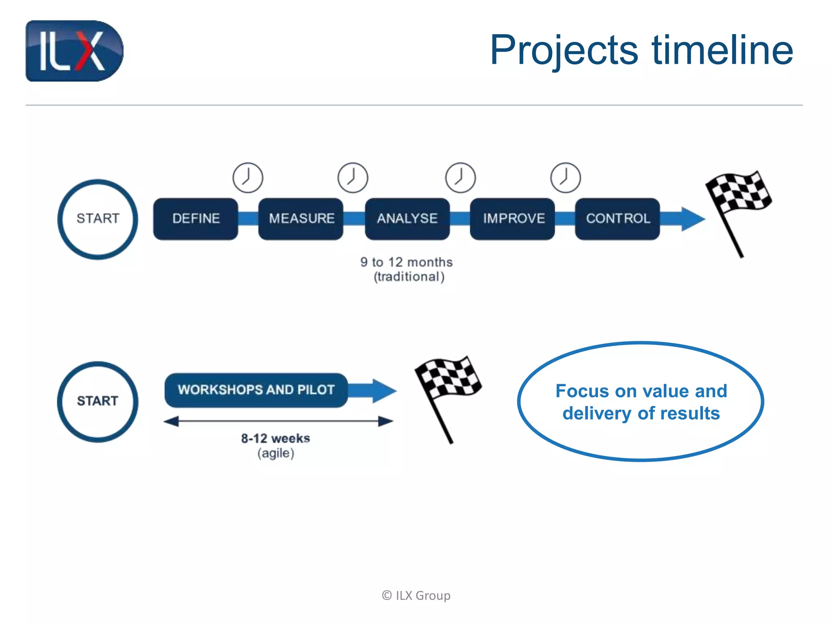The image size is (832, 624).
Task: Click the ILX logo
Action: pos(74,51)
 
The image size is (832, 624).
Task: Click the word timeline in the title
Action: pos(722,50)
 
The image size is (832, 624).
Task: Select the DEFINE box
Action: pos(195,219)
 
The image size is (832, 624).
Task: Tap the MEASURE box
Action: pos(301,219)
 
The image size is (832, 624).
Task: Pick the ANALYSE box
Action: pos(407,219)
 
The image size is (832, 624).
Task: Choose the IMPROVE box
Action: pos(513,219)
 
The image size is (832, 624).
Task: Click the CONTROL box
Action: pos(617,219)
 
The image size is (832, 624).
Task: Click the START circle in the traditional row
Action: pos(97,219)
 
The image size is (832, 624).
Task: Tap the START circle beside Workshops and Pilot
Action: pos(97,401)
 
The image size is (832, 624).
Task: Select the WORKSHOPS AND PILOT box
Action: pos(256,390)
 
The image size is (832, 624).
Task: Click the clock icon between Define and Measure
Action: pos(248,178)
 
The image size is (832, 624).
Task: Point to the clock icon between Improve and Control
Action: pos(565,178)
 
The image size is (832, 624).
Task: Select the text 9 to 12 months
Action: pos(406,262)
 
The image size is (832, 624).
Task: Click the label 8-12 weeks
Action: pos(275,438)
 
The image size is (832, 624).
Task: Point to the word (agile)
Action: pos(275,453)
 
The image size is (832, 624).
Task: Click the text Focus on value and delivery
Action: pos(641,402)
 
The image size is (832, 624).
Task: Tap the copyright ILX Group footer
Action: pos(416,596)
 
